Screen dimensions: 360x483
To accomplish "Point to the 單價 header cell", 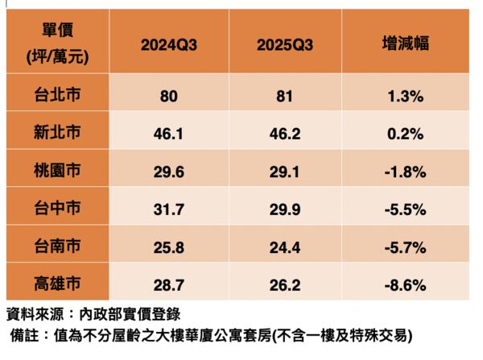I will point(56,43).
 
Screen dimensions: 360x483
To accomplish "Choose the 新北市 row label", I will point(56,133).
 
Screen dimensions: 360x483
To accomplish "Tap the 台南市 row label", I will point(56,246).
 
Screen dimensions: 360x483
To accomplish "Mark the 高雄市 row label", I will point(56,283).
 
